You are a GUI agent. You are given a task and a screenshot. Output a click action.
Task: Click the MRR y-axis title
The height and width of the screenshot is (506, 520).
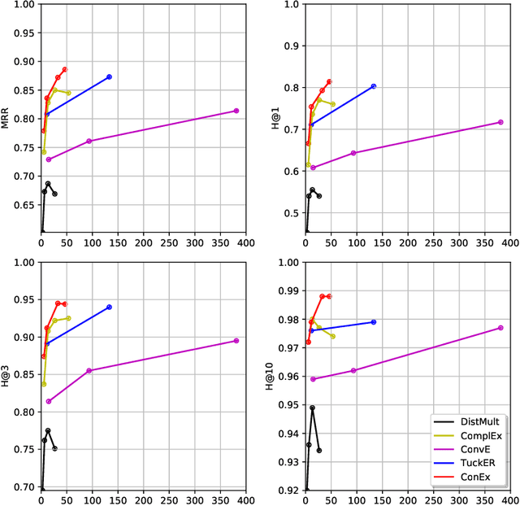tap(6, 119)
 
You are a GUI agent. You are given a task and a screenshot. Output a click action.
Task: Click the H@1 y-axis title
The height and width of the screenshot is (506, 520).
tap(271, 119)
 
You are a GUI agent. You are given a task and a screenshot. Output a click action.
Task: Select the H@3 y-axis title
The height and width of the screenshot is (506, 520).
tap(6, 375)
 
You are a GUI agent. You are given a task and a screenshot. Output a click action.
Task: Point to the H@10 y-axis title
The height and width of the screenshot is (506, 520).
tap(271, 375)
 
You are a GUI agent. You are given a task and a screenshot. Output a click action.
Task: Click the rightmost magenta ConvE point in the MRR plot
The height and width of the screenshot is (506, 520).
tap(236, 111)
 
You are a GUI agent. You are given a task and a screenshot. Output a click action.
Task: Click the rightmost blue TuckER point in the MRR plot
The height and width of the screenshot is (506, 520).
tap(109, 76)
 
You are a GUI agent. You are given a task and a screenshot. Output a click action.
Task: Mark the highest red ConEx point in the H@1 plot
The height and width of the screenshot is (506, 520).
tap(329, 81)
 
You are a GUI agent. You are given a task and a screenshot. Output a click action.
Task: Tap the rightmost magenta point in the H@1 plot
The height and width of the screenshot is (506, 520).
tap(500, 122)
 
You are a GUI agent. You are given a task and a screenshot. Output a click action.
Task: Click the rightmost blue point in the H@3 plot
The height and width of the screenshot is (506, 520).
tap(109, 307)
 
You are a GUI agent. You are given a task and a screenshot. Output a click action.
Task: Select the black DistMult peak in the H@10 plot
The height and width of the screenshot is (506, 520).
tap(312, 408)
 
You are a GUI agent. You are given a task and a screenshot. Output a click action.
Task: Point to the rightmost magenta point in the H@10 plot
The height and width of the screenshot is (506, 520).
tap(500, 328)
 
